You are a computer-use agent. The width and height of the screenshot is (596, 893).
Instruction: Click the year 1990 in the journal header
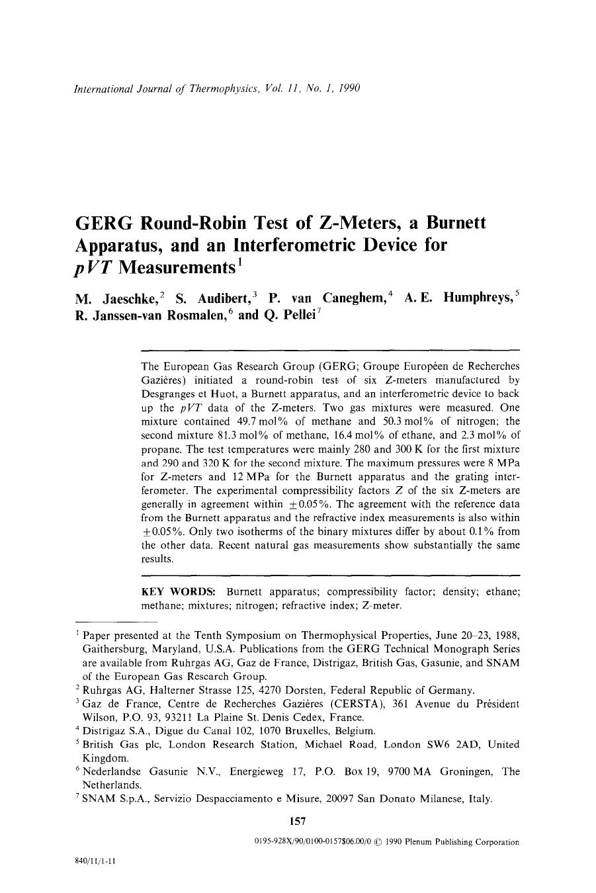tap(347, 88)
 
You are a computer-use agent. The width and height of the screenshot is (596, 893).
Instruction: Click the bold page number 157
tap(298, 822)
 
